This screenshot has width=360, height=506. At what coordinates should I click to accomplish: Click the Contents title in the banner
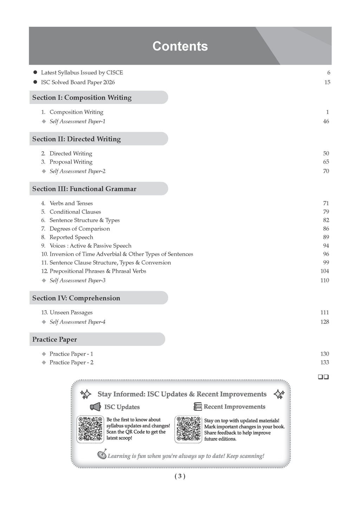180,46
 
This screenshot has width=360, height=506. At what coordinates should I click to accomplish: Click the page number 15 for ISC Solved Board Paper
327,82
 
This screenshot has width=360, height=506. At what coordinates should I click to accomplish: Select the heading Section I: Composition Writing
82,98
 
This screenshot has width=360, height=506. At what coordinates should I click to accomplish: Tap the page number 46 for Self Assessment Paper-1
326,121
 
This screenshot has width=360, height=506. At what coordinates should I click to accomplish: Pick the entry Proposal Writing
71,162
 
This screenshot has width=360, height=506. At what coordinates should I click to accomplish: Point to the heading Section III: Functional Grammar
84,189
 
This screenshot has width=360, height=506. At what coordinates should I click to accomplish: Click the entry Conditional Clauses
75,212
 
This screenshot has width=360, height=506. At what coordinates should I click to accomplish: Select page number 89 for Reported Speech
326,237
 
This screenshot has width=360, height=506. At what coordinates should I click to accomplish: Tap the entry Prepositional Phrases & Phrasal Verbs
98,271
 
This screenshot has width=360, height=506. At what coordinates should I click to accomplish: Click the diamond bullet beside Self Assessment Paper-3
44,280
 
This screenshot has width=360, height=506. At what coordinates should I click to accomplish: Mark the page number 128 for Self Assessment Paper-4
324,322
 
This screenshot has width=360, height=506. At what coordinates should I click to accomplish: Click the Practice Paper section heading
54,339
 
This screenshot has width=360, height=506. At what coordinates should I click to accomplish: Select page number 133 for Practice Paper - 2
324,363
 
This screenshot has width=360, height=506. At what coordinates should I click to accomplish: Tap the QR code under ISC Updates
90,429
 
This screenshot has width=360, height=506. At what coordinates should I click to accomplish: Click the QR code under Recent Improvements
188,429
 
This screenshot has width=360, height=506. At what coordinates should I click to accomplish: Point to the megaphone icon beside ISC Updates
95,407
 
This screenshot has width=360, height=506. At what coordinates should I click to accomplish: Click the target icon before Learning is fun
102,455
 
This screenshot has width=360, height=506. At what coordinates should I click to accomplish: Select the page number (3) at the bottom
180,476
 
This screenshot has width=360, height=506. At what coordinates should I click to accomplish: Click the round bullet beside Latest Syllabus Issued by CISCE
35,72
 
